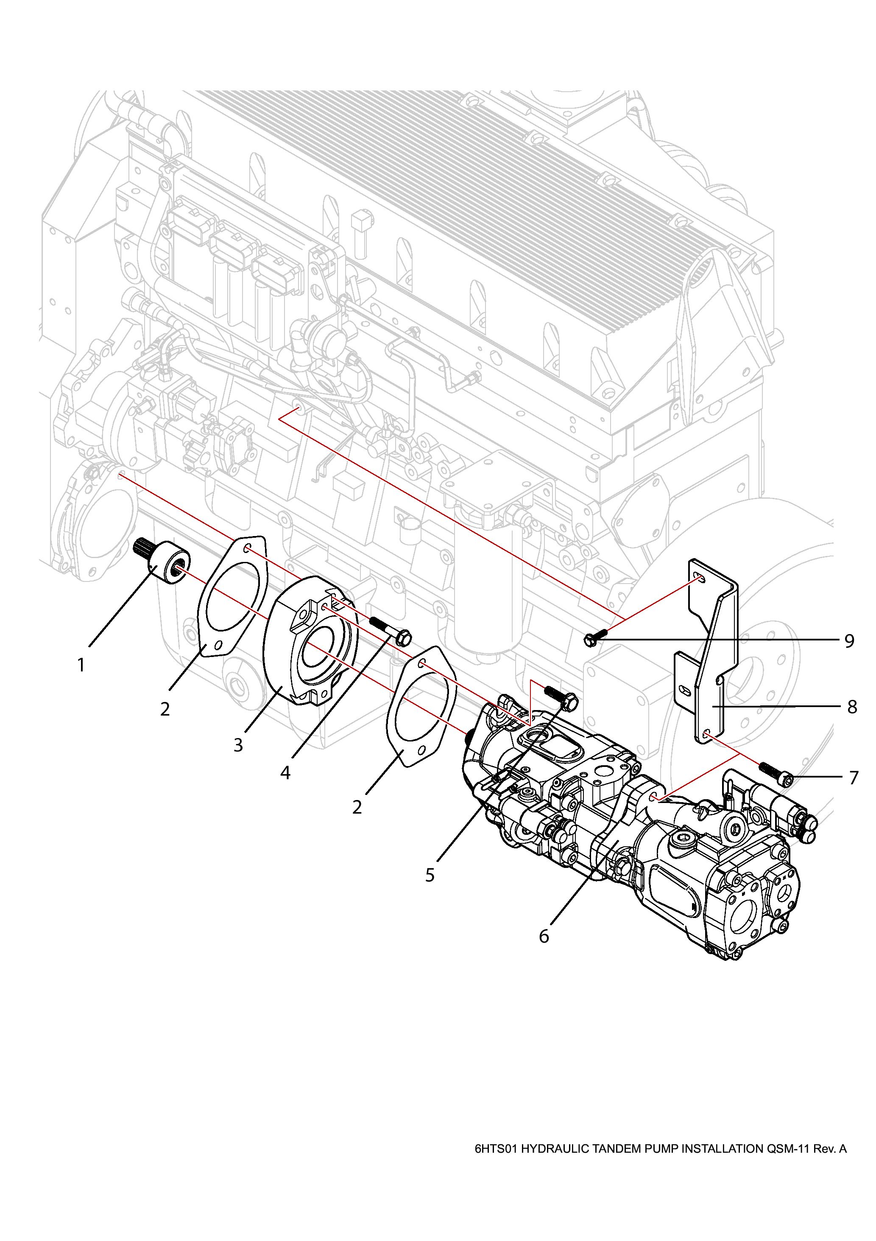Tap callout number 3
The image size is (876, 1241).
click(239, 745)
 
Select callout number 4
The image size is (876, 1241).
click(285, 773)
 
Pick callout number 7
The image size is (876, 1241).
click(854, 778)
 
